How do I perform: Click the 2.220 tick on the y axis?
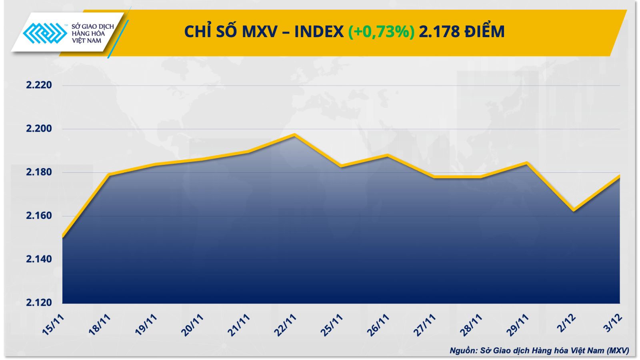[x=39, y=85]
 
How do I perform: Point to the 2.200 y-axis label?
[x=39, y=128]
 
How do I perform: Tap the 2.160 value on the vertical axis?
[x=39, y=216]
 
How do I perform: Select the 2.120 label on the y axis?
[x=39, y=302]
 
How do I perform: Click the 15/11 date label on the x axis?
[x=53, y=324]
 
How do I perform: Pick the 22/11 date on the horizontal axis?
[x=285, y=325]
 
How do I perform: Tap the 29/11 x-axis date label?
[x=518, y=325]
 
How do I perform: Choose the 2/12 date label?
[x=566, y=323]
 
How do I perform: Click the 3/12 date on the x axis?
[x=613, y=323]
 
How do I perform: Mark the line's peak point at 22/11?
[x=295, y=135]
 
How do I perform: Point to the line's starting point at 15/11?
[x=63, y=237]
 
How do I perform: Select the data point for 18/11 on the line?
[x=109, y=174]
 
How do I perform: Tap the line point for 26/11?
[x=388, y=155]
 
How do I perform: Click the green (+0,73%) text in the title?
[x=381, y=32]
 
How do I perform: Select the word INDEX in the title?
[x=319, y=32]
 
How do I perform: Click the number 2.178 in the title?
[x=439, y=32]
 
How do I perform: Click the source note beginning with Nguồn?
[x=539, y=350]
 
